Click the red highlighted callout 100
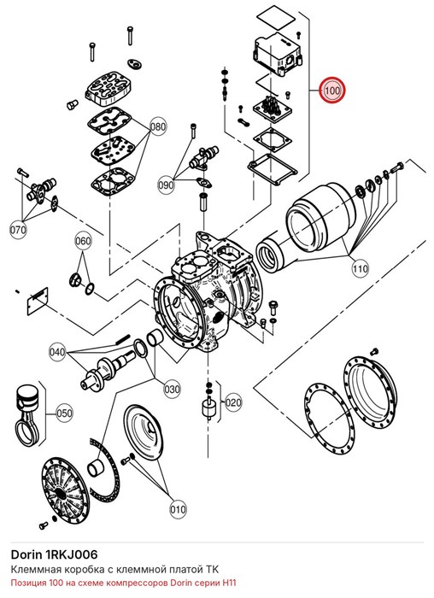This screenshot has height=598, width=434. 332,91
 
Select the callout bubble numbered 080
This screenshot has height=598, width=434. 158,126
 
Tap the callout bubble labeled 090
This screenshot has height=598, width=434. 166,185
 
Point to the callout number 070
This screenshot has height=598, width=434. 18,230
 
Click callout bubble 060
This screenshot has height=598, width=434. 83,241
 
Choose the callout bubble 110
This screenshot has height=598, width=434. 361,268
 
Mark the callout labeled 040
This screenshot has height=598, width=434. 57,352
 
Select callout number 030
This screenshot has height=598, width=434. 172,389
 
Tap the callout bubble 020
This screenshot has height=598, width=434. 233,402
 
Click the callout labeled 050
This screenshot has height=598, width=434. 64,413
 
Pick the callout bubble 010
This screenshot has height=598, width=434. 178,509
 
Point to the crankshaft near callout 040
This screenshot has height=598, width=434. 108,369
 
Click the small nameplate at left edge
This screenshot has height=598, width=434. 38,301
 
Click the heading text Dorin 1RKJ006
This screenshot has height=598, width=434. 54,554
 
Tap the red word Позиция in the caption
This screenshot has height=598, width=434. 28,583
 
